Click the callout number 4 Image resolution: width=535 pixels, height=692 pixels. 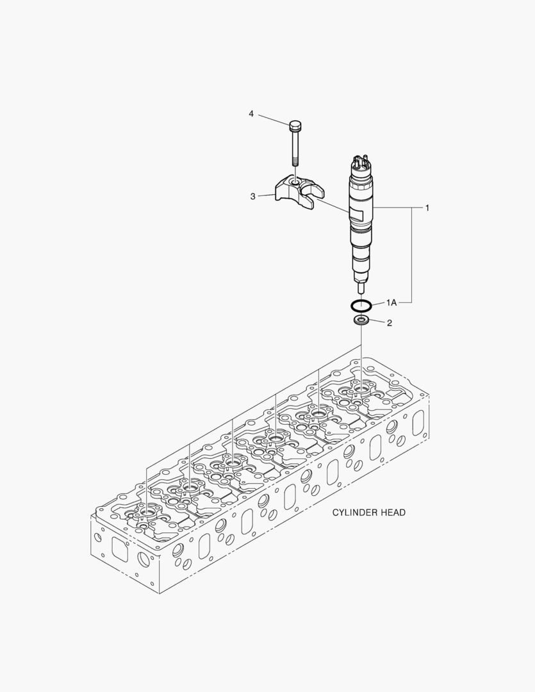click(251, 113)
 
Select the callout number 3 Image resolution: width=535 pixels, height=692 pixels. click(253, 196)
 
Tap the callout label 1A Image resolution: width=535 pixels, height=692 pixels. click(391, 301)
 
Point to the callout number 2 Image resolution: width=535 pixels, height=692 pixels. click(389, 322)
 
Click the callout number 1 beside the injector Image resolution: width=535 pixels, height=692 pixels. click(427, 208)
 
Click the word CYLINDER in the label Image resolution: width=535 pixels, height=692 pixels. click(354, 513)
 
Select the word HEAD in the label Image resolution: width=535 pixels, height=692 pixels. click(393, 513)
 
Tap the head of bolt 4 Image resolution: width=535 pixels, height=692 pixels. click(295, 124)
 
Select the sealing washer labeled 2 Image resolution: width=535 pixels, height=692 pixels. click(361, 320)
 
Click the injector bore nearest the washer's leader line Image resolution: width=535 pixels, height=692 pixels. click(361, 387)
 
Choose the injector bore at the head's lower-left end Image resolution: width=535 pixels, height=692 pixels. click(147, 511)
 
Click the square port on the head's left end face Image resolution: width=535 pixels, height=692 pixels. click(120, 548)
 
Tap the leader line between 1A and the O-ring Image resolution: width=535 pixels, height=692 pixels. click(379, 302)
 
